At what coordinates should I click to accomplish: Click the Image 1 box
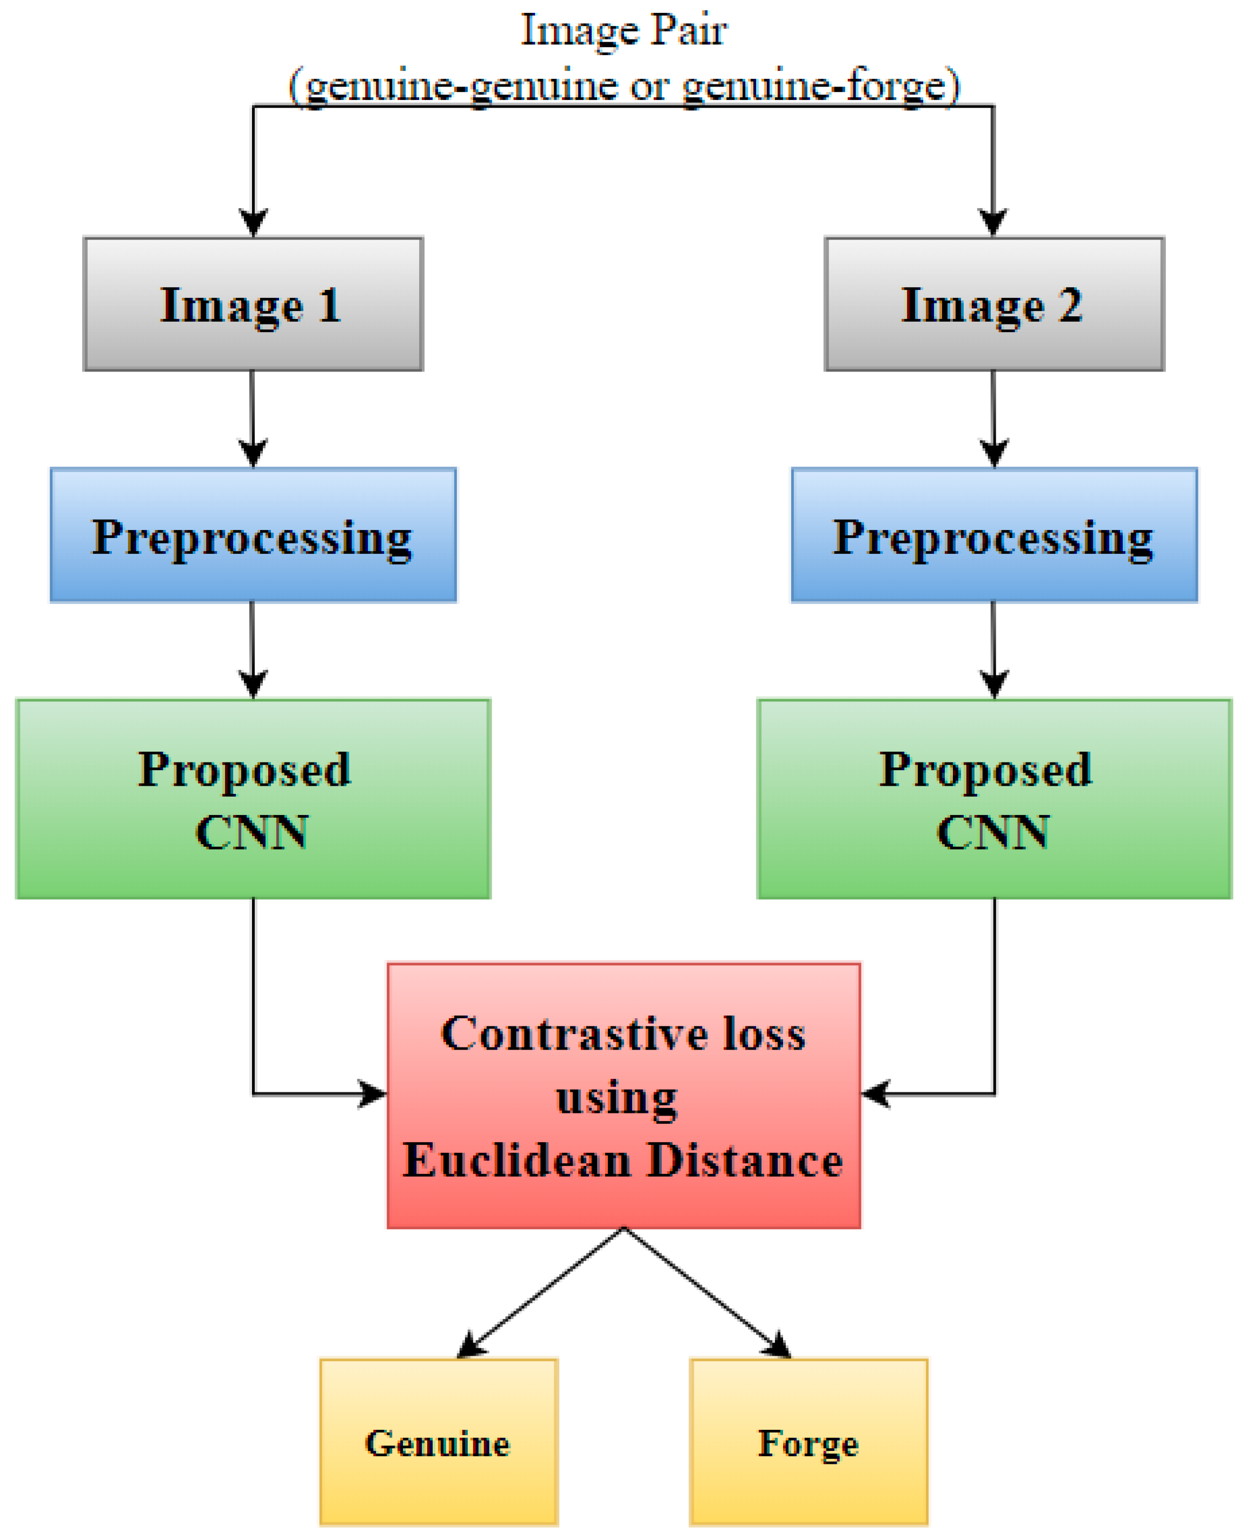point(253,304)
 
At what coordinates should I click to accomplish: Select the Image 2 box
point(994,304)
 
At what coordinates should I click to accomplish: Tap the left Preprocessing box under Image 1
point(253,535)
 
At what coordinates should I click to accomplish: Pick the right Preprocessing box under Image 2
point(994,535)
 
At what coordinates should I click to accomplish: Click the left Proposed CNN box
point(253,798)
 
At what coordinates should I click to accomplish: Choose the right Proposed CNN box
point(994,798)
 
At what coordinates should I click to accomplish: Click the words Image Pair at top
point(623,30)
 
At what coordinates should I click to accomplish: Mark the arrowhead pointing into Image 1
point(253,223)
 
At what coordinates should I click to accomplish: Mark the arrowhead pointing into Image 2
point(993,223)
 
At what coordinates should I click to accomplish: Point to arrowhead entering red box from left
point(373,1094)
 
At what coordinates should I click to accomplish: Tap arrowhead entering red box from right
point(876,1094)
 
